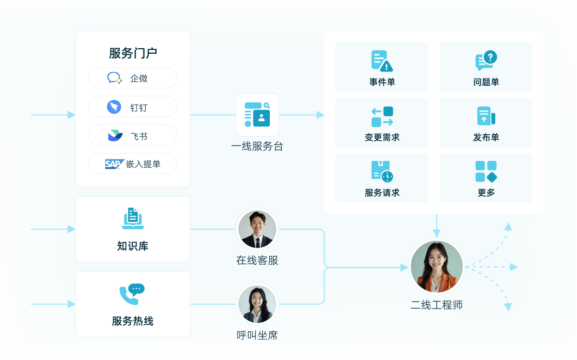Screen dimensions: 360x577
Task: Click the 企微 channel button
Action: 133,78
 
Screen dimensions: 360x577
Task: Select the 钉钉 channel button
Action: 133,107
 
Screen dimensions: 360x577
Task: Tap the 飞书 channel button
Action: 133,135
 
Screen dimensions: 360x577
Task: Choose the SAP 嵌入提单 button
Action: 133,163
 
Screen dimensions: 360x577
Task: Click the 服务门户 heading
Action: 133,53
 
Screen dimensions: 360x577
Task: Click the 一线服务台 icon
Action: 257,115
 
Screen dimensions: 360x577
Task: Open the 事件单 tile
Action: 382,67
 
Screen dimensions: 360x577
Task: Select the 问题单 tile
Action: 485,67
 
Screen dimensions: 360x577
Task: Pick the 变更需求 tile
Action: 382,122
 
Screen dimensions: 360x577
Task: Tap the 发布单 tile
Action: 485,122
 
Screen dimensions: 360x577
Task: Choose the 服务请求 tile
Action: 382,178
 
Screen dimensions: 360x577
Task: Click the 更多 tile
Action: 485,178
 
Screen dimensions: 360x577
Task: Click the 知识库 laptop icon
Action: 133,219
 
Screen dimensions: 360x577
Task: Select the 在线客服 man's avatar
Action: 257,230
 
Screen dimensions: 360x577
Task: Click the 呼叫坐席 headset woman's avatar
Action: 257,304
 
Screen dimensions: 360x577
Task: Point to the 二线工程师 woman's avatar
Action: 437,266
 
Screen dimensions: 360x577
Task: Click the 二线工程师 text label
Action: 437,305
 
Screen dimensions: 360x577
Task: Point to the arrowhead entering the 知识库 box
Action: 72,229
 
